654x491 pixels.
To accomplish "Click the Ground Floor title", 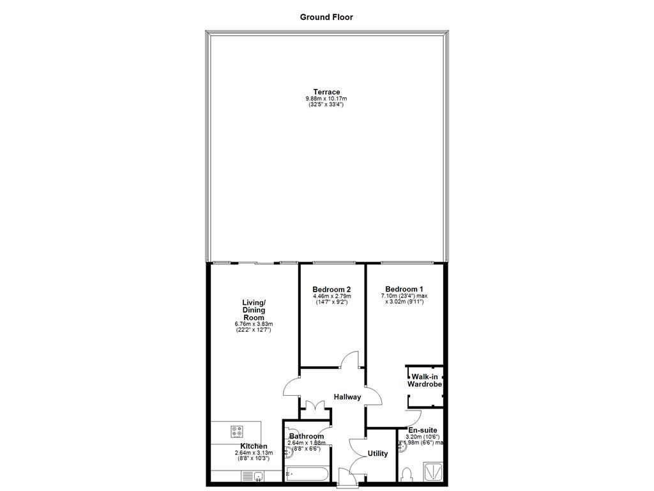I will [x=326, y=17].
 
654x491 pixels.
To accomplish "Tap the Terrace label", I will [x=326, y=91].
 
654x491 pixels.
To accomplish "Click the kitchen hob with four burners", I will [x=236, y=431].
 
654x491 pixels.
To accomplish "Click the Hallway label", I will [x=347, y=397].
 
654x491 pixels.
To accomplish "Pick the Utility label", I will [x=377, y=454].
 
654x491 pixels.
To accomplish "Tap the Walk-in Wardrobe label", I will [x=425, y=381].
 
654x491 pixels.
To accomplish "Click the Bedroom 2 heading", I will [x=331, y=289].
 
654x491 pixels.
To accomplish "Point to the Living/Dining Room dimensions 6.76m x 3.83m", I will [x=254, y=325].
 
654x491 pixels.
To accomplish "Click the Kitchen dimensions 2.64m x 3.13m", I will [x=254, y=453].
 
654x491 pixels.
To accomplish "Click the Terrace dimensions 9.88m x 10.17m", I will [x=326, y=98].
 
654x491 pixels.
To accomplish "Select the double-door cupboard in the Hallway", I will [x=314, y=405].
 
